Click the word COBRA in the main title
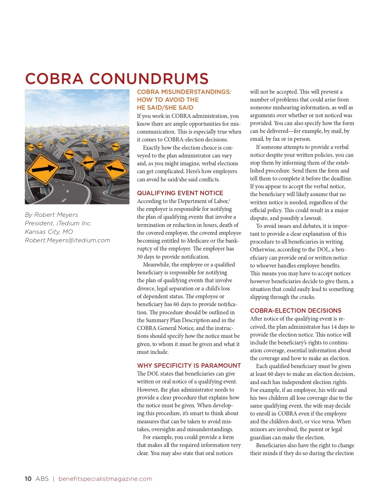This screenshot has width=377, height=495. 54,79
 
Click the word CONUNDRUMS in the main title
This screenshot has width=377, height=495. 149,79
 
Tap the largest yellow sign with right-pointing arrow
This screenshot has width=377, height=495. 43,169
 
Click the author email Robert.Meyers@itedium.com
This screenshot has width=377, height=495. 68,240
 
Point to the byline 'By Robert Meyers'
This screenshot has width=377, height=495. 52,215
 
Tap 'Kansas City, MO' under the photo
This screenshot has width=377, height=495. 49,232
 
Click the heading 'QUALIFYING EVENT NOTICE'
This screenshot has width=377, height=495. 180,193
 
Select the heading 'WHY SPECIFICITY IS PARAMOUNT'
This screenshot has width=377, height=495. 189,366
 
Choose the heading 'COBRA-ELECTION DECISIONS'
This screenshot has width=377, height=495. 296,311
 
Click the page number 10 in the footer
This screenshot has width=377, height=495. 28,479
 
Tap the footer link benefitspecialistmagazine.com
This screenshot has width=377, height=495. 105,479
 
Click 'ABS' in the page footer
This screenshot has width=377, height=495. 42,479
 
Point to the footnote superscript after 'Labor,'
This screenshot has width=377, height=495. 229,200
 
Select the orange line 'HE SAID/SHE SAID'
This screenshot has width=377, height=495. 165,107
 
